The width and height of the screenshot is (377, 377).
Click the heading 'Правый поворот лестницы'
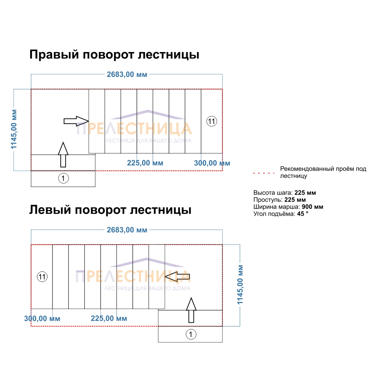click(x=114, y=55)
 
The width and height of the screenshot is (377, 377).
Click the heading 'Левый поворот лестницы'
click(x=110, y=210)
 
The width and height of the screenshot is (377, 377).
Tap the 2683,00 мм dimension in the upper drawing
click(x=127, y=75)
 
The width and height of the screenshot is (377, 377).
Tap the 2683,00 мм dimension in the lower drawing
click(x=127, y=230)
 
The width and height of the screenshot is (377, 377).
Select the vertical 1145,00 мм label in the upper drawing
click(x=14, y=129)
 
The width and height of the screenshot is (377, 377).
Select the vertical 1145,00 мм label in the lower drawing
click(x=240, y=285)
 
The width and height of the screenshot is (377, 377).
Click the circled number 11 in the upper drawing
click(x=212, y=121)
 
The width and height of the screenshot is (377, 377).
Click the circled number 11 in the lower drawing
click(x=42, y=277)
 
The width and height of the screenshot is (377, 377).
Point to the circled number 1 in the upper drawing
click(x=63, y=178)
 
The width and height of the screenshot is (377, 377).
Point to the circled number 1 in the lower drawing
click(x=191, y=334)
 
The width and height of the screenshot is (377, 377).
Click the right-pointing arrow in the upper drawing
click(x=76, y=121)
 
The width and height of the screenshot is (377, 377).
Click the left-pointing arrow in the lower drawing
click(x=178, y=277)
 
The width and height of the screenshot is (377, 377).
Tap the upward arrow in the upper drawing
click(x=63, y=155)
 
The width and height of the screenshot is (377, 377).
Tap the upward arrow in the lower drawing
click(x=192, y=310)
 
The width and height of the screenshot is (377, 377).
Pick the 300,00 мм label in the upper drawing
click(x=212, y=163)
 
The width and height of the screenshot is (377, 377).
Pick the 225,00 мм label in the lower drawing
click(x=109, y=319)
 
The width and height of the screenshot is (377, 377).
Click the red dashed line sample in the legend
click(x=264, y=173)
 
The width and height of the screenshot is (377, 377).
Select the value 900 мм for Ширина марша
click(x=313, y=207)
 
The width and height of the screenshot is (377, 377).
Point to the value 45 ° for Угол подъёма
click(x=303, y=214)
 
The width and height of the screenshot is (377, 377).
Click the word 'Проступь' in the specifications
click(x=268, y=200)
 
